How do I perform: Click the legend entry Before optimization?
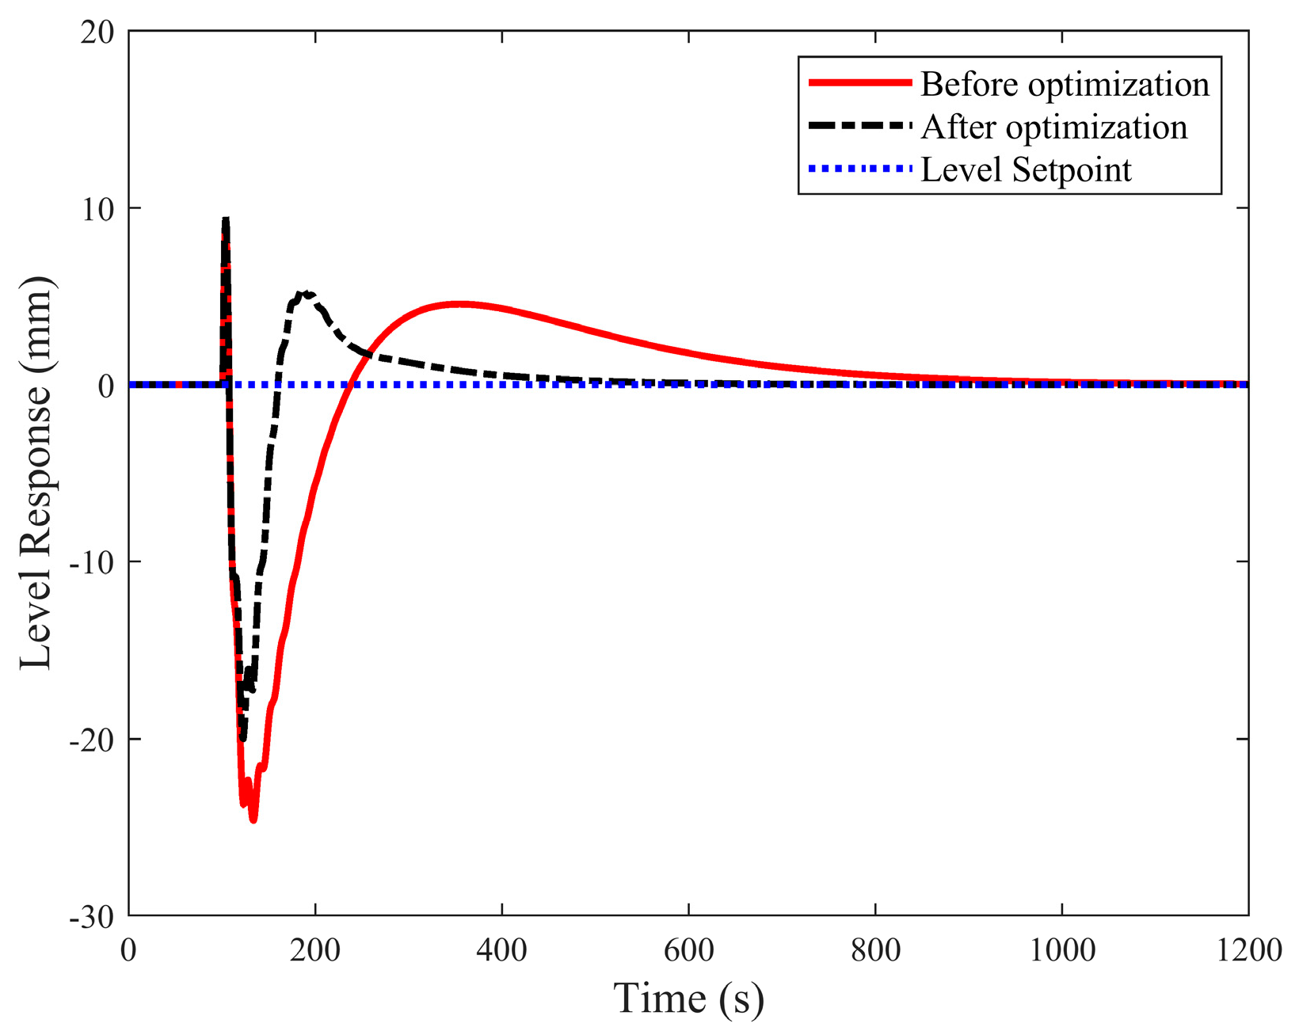(1065, 85)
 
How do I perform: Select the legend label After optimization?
(1053, 127)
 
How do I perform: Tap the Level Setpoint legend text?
(1026, 169)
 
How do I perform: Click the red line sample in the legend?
(859, 83)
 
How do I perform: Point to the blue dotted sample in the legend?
(859, 169)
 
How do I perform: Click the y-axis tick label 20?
(98, 32)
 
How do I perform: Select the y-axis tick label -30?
(92, 917)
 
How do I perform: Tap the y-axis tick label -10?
(92, 562)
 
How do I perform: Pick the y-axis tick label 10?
(98, 208)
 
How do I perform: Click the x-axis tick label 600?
(688, 949)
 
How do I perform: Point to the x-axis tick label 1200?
(1248, 949)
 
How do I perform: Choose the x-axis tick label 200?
(315, 949)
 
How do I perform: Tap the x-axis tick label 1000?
(1061, 949)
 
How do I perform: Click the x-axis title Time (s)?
(688, 998)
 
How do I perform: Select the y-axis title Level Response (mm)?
(36, 474)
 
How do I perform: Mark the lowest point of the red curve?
(253, 820)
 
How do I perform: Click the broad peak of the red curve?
(459, 303)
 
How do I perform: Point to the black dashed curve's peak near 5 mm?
(306, 293)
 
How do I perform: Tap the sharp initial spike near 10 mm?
(226, 219)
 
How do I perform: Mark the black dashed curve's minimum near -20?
(243, 738)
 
